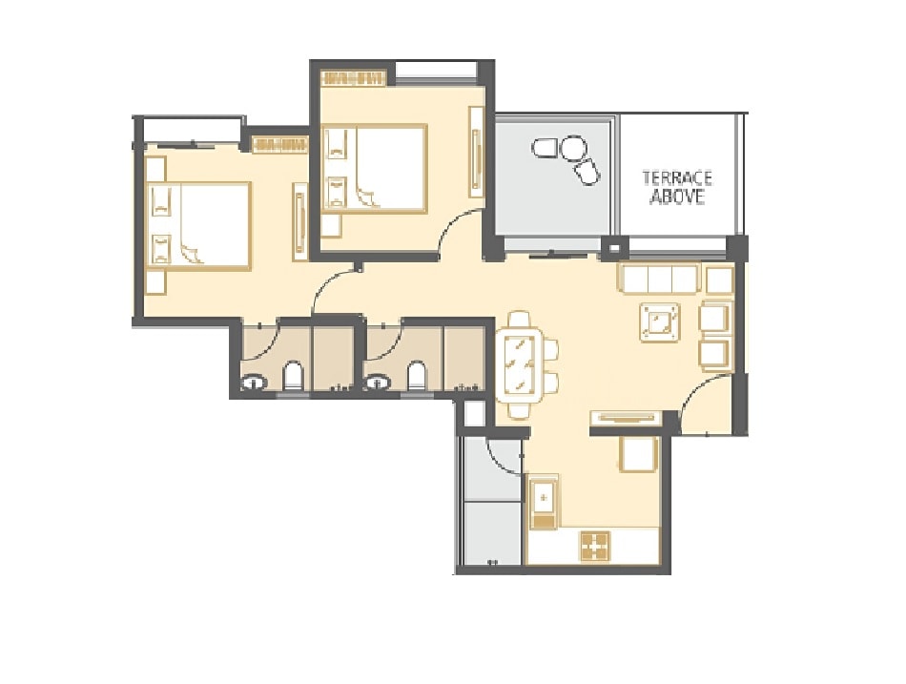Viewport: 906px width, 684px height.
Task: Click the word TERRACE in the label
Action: click(x=677, y=178)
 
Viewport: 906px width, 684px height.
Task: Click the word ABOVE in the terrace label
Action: click(x=677, y=197)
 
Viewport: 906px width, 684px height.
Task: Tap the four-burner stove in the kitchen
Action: click(x=595, y=546)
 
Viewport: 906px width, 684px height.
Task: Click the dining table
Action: click(x=519, y=364)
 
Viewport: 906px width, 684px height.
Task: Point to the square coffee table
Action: click(x=661, y=321)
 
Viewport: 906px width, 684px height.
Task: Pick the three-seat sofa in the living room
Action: click(x=660, y=280)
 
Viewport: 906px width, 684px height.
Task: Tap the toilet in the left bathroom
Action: click(x=294, y=377)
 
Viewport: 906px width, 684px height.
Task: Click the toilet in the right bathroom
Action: click(x=417, y=377)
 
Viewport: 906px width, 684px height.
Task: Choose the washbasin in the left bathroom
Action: click(x=254, y=383)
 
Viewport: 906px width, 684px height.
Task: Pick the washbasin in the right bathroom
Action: click(x=378, y=383)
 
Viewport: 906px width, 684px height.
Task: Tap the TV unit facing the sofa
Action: click(x=624, y=416)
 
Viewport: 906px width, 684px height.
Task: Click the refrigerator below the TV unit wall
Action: click(x=638, y=453)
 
